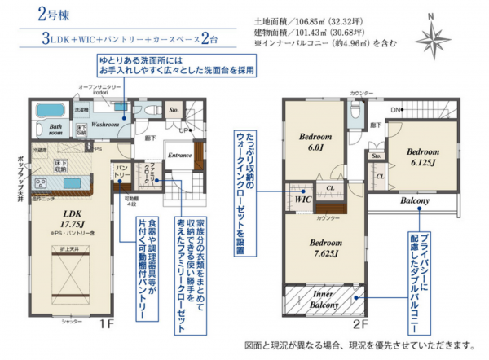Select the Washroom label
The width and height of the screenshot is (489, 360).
[106, 125]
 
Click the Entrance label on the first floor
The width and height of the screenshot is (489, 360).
[178, 155]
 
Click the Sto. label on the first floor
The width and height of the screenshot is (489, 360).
[173, 108]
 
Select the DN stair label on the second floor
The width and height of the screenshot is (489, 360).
[394, 109]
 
